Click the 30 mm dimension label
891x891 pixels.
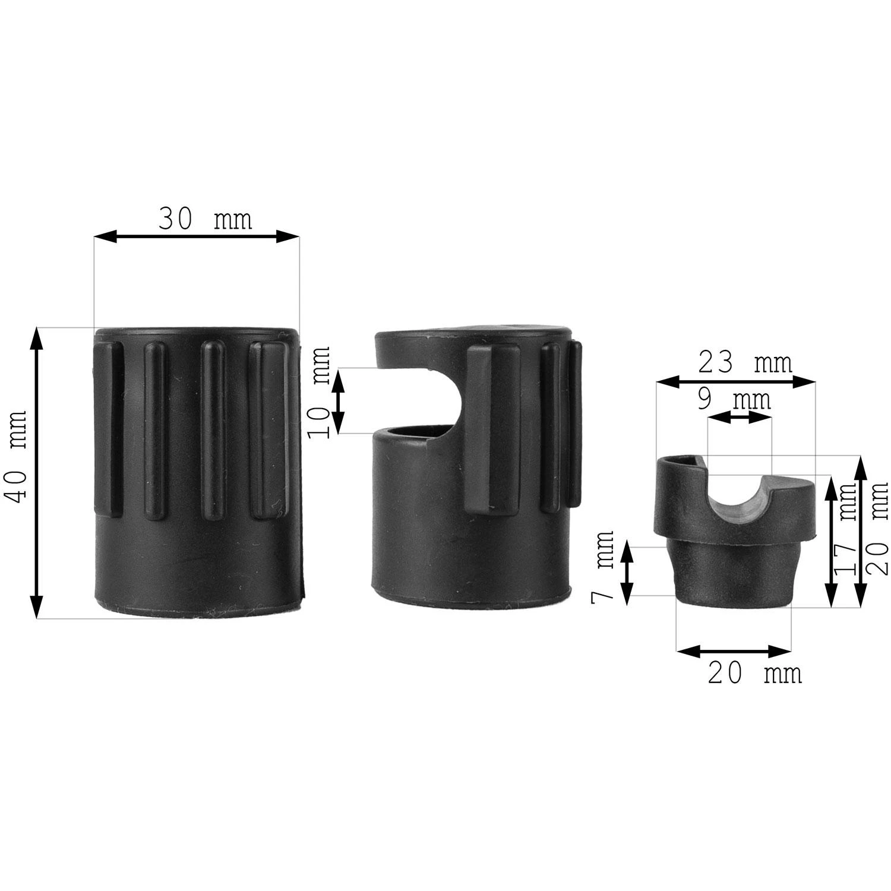205,219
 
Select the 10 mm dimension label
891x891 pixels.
320,391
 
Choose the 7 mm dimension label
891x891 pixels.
603,567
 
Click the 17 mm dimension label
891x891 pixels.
845,528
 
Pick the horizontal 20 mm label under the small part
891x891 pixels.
754,674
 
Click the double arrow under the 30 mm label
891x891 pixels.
197,237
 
